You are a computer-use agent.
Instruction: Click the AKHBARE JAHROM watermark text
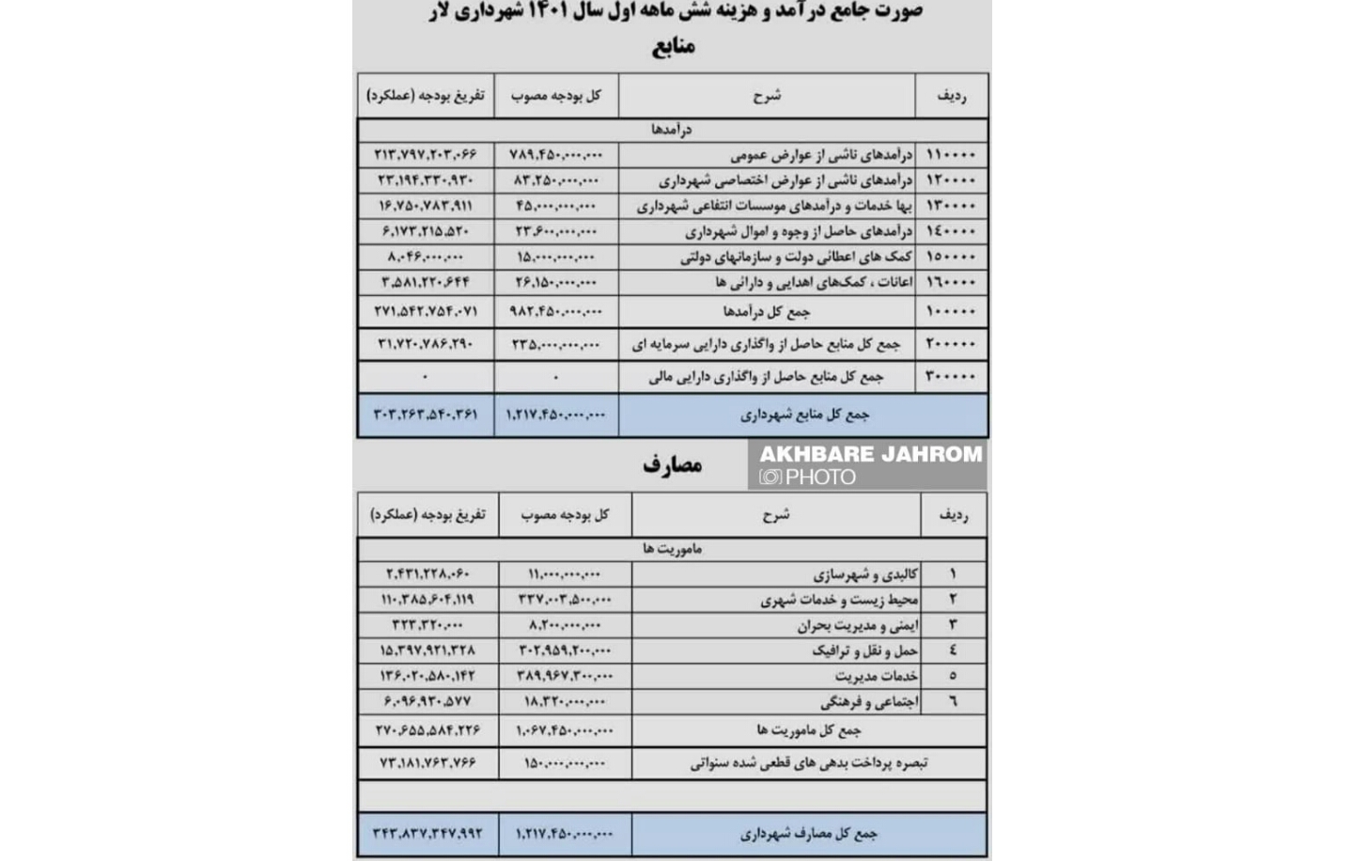[870, 455]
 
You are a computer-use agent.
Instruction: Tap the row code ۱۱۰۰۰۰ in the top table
[951, 154]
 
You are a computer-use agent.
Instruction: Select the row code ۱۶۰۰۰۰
[951, 282]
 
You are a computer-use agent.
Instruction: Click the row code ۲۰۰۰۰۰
[951, 344]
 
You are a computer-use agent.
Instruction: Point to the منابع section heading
[673, 46]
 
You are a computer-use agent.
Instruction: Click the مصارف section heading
[673, 464]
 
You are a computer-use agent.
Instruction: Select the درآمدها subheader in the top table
[672, 130]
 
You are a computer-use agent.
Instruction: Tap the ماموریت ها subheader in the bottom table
[672, 549]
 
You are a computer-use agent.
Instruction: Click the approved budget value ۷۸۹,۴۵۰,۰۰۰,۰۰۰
[556, 154]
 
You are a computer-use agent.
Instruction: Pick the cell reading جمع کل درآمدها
[767, 311]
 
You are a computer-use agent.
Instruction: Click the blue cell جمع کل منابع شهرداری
[804, 415]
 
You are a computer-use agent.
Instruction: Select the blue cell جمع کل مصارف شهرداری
[808, 834]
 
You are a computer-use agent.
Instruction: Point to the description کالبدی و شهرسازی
[865, 574]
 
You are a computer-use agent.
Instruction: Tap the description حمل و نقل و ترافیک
[864, 650]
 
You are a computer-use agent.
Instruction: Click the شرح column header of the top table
[767, 96]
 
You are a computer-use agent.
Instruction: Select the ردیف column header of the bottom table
[953, 515]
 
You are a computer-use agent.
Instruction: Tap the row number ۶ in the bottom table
[953, 701]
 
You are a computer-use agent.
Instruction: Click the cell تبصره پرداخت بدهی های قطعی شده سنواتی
[808, 763]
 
